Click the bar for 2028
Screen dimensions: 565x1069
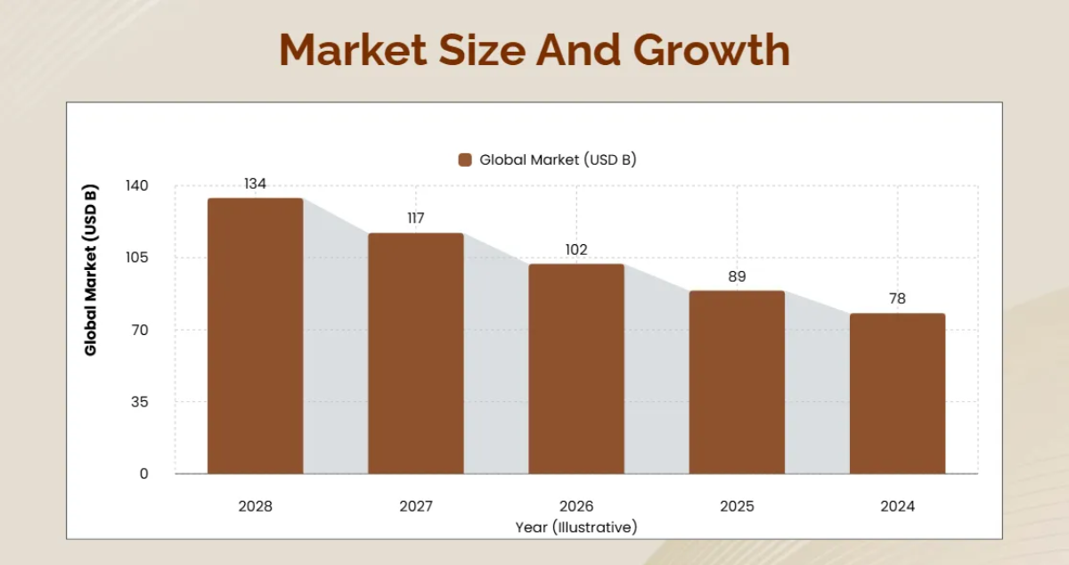pyautogui.click(x=256, y=336)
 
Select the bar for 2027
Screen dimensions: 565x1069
pyautogui.click(x=416, y=353)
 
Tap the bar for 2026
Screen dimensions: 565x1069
pyautogui.click(x=576, y=369)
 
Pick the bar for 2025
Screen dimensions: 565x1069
pyautogui.click(x=737, y=382)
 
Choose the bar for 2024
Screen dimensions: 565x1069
pyautogui.click(x=897, y=393)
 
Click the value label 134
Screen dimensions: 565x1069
pyautogui.click(x=256, y=184)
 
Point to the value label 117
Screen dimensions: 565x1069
pyautogui.click(x=416, y=218)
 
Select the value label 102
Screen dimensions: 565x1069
pyautogui.click(x=576, y=250)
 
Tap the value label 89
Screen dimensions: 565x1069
pyautogui.click(x=737, y=276)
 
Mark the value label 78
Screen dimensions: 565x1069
pyautogui.click(x=897, y=299)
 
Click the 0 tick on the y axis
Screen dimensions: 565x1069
pyautogui.click(x=143, y=474)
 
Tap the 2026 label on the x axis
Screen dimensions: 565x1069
pyautogui.click(x=576, y=506)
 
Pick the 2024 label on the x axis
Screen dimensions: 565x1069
pyautogui.click(x=897, y=506)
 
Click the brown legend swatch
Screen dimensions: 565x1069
pyautogui.click(x=464, y=160)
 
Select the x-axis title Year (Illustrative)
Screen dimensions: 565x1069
pyautogui.click(x=576, y=527)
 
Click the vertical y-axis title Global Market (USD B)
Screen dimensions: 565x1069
pyautogui.click(x=91, y=270)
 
